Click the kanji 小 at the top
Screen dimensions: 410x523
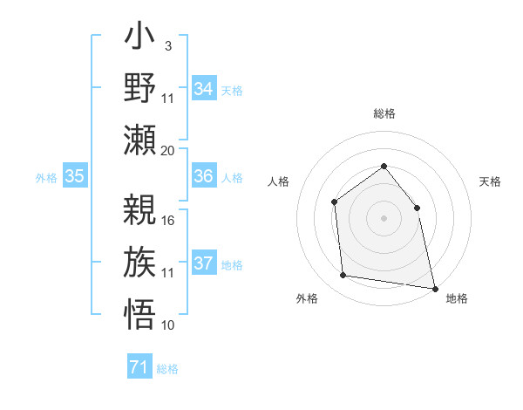[140, 38]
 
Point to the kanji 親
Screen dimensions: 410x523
[140, 209]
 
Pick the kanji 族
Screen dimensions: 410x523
[140, 261]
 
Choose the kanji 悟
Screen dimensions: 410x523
[140, 312]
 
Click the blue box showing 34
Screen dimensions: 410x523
[203, 89]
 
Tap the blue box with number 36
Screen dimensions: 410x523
[203, 176]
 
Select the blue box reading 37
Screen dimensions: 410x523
[203, 263]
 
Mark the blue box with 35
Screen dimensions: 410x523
[74, 176]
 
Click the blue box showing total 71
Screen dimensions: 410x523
[139, 368]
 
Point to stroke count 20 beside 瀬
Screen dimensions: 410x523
[168, 150]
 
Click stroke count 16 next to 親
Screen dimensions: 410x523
[168, 220]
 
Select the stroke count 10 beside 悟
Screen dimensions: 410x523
[168, 325]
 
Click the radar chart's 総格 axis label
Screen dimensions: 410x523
[384, 114]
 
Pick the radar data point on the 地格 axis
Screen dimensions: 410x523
[434, 288]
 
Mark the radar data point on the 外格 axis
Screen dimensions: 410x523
[343, 276]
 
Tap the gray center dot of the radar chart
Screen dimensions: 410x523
[384, 218]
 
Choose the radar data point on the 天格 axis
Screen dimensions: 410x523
[417, 208]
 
